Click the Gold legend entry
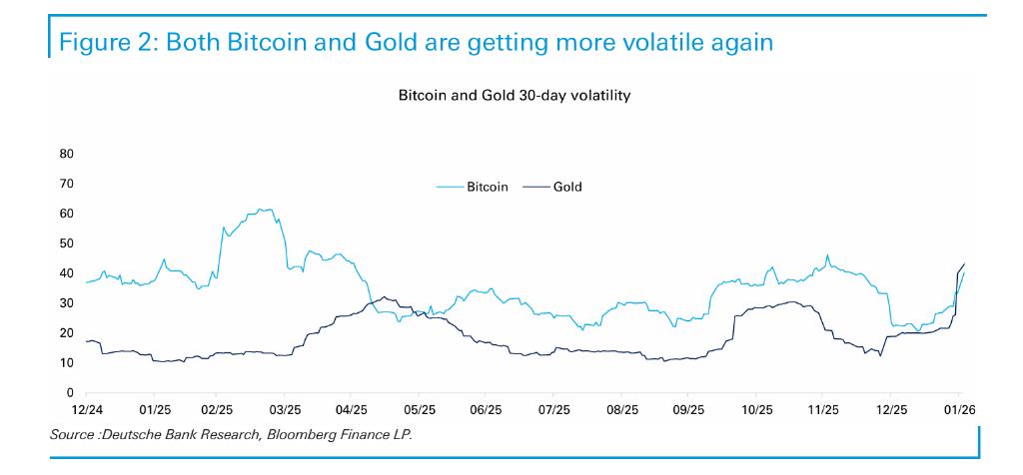[551, 187]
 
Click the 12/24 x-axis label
[86, 411]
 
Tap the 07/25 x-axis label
[552, 411]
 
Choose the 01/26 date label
[959, 411]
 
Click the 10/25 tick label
[755, 411]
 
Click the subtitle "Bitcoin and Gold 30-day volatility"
[514, 96]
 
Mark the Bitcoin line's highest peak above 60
[260, 210]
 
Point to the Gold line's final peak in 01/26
[964, 263]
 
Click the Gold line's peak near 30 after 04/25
[384, 297]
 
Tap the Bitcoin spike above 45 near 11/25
[827, 255]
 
